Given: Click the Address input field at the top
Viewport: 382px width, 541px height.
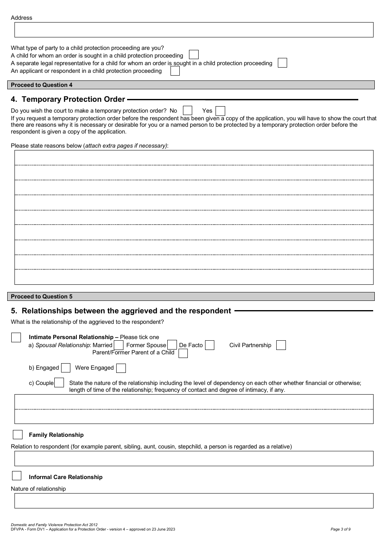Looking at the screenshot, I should [194, 30].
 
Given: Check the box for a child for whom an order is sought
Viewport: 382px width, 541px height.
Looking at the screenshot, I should [194, 55].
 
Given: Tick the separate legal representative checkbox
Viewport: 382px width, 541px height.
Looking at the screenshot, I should [283, 63].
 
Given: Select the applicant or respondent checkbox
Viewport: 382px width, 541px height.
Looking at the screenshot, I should [175, 71].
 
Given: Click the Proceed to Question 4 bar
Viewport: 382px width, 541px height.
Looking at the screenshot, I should [191, 85].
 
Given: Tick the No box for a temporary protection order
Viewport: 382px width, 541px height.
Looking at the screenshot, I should [187, 111].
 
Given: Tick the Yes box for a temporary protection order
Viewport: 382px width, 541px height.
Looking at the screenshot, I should [220, 111].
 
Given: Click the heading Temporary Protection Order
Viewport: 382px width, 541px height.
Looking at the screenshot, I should [73, 99].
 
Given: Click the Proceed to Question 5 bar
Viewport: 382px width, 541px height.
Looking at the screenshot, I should [191, 296].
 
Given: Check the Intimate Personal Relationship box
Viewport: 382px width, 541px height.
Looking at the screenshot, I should [16, 337].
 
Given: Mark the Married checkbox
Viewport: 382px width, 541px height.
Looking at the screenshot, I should [119, 345].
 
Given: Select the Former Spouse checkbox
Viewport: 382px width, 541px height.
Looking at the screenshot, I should [172, 345].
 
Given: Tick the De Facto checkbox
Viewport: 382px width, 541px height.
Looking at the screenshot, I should [209, 345].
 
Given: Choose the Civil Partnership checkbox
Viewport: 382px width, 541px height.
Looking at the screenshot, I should [281, 345].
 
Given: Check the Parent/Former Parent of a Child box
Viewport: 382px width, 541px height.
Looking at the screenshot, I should [183, 354].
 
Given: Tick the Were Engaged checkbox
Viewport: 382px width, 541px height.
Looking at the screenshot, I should [121, 368].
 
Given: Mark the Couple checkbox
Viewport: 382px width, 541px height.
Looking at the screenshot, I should [59, 383].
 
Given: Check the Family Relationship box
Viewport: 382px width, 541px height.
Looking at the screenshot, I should [18, 435].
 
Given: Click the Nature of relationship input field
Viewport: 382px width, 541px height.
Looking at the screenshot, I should [194, 501].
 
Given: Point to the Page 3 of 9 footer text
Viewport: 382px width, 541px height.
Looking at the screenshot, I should [340, 529].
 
